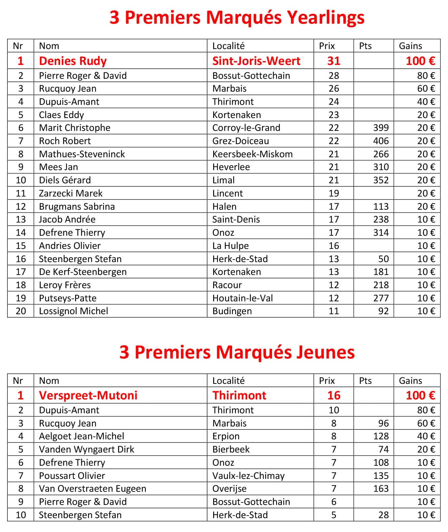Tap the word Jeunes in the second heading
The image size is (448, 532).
(326, 352)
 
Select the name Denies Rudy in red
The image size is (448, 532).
(73, 61)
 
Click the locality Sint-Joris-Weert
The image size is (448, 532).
(256, 61)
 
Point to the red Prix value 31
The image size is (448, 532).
(333, 61)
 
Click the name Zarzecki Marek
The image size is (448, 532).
(70, 193)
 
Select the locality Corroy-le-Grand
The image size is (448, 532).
(246, 128)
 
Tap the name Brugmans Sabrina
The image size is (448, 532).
(77, 207)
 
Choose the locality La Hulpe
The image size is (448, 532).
(230, 246)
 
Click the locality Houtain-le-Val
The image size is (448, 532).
(242, 298)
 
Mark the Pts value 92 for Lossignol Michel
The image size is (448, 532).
(383, 311)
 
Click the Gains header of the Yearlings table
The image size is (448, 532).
(410, 46)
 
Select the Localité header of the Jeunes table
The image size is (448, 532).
(228, 381)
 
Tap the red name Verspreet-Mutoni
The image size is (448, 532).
(88, 395)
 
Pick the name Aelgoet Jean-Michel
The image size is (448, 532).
(81, 436)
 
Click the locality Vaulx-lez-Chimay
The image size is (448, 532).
(248, 476)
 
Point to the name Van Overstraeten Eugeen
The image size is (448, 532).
(92, 489)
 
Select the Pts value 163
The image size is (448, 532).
(381, 489)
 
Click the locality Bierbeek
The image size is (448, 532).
(231, 449)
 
